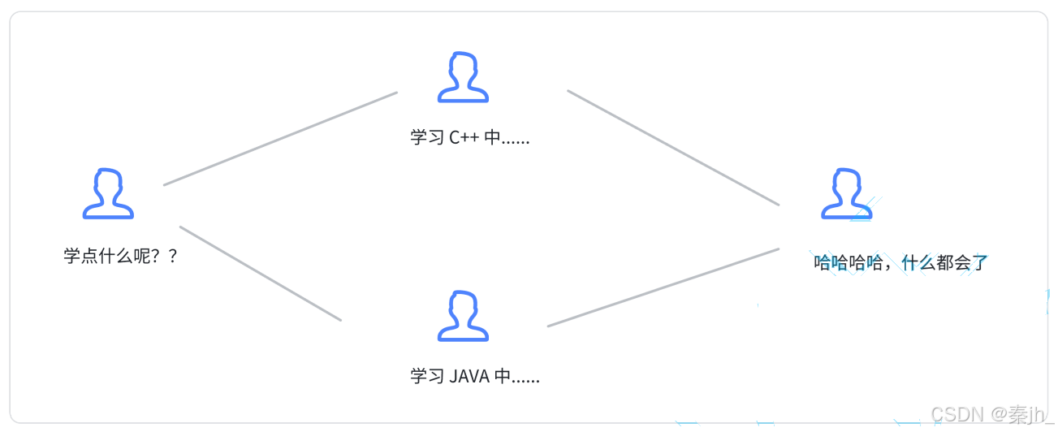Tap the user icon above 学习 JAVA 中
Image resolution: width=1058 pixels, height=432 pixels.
463,316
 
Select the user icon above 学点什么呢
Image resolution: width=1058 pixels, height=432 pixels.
108,194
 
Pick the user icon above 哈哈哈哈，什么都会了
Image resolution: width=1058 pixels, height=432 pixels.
846,194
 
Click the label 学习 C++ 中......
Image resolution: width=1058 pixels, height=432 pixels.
470,137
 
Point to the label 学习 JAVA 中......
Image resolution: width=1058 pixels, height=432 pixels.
475,376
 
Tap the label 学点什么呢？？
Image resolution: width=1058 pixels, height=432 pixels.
120,256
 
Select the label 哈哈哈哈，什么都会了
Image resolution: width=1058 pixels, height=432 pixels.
900,262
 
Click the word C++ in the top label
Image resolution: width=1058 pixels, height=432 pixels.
464,137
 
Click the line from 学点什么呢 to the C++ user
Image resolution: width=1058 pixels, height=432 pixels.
280,139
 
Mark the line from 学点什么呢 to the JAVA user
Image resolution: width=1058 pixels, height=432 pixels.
260,273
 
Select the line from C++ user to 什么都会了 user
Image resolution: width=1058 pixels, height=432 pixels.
673,148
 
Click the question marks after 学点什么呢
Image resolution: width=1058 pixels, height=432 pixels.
164,256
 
